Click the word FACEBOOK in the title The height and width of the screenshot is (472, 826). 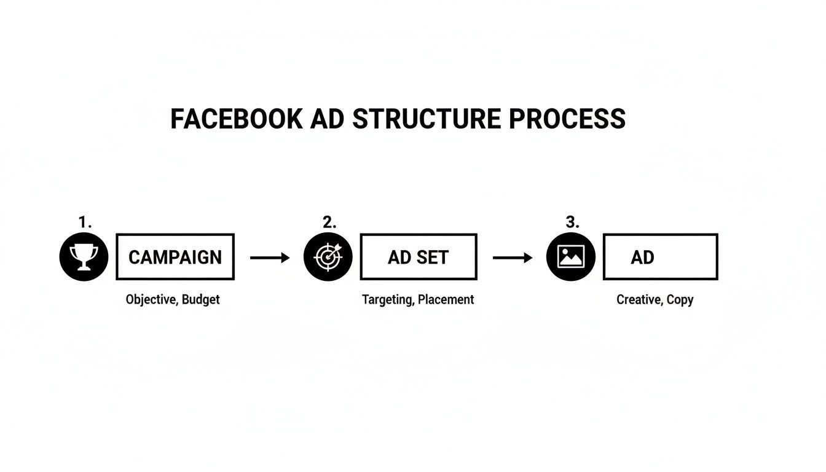tap(237, 119)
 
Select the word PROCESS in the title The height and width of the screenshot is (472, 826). tap(567, 119)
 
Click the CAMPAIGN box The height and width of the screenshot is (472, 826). tap(175, 257)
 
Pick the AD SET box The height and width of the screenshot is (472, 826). tap(418, 257)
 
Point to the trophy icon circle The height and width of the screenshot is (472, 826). tap(84, 257)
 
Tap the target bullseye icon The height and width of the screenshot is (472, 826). tap(328, 257)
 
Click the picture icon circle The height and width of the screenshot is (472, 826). tap(570, 257)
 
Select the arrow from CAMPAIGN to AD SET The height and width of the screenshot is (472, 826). tap(270, 258)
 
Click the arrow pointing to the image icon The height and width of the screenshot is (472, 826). tap(513, 258)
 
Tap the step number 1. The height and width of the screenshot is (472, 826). tap(85, 222)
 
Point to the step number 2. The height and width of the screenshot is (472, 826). tap(329, 222)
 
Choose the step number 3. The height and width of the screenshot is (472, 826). tap(572, 222)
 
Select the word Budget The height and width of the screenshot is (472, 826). tap(201, 300)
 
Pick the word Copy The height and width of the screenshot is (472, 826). tap(680, 300)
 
